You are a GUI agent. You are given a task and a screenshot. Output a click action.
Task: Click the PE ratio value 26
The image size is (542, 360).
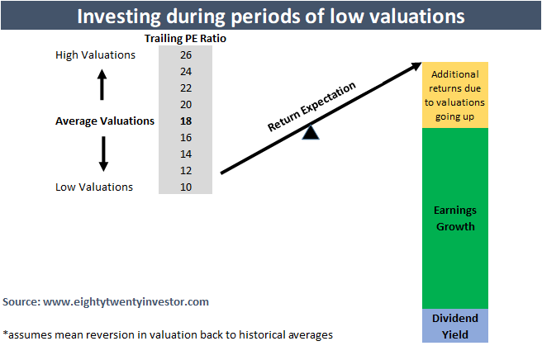click(184, 55)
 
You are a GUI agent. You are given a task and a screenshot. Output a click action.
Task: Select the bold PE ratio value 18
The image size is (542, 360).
click(184, 121)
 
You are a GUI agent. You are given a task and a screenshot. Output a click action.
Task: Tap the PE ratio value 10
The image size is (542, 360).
click(184, 187)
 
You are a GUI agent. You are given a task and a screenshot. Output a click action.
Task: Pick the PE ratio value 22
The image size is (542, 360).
click(184, 88)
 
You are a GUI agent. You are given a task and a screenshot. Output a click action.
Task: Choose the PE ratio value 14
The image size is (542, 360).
click(184, 154)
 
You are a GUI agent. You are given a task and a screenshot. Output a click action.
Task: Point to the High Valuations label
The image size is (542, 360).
click(95, 55)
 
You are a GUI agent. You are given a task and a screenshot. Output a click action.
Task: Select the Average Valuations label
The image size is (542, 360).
click(105, 121)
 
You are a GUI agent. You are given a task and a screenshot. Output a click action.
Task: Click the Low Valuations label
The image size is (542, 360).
click(94, 187)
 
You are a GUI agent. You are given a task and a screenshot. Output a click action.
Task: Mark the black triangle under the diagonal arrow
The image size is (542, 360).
click(310, 131)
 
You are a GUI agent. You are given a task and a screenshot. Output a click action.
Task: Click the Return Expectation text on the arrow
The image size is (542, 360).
click(311, 107)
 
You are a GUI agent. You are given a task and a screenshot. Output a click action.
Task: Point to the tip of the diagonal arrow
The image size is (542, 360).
click(419, 64)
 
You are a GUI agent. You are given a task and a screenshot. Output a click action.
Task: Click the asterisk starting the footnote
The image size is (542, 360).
click(6, 334)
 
